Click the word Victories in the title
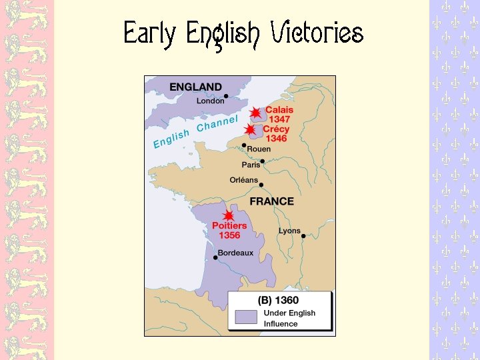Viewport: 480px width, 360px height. click(x=316, y=33)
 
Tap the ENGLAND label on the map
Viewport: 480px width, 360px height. click(x=195, y=87)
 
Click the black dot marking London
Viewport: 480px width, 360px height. click(x=227, y=97)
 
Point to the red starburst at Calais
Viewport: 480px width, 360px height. click(x=255, y=113)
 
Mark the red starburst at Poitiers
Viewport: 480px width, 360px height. click(x=229, y=216)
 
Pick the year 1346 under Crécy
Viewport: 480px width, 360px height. click(x=276, y=139)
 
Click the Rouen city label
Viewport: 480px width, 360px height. click(x=259, y=149)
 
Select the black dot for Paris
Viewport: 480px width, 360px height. click(x=263, y=161)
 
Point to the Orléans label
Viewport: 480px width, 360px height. click(x=243, y=180)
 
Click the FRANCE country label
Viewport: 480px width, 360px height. click(x=271, y=201)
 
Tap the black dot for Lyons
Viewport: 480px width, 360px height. click(x=303, y=235)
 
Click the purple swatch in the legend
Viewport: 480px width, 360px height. click(x=245, y=317)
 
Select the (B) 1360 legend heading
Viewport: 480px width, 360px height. click(x=278, y=301)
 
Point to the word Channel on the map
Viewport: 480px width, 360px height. click(x=217, y=125)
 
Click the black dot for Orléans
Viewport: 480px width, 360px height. click(x=261, y=185)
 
